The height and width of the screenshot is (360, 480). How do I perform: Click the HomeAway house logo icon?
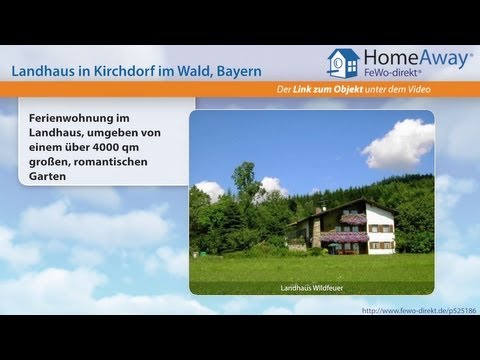coord(343,63)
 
